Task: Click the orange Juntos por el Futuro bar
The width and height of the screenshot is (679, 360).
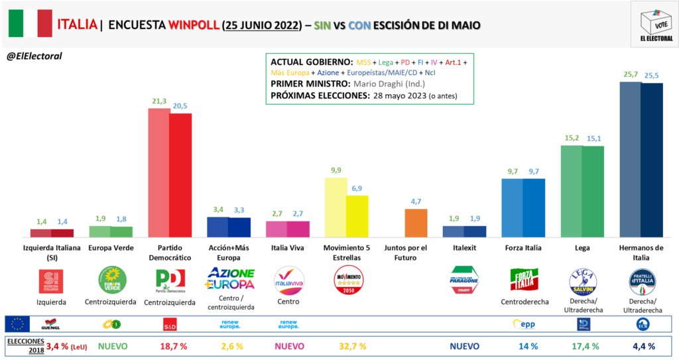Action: [415, 223]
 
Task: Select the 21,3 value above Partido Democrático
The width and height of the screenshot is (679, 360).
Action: [158, 100]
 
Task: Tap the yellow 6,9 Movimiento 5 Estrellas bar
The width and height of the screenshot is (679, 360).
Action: [357, 216]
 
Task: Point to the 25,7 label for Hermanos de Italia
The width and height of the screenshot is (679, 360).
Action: [629, 74]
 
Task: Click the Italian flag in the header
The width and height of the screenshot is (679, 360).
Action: [30, 25]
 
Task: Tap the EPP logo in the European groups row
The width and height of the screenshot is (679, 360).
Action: [522, 324]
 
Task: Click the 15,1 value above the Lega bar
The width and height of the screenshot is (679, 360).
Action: [593, 138]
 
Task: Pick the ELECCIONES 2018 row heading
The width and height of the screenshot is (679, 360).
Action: [23, 345]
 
